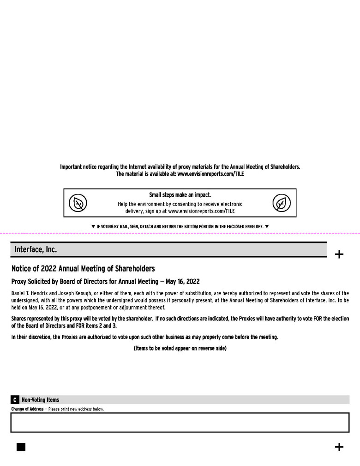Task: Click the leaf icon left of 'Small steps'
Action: [x=78, y=203]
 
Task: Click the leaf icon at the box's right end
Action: [x=282, y=203]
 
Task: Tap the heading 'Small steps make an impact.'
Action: [x=180, y=195]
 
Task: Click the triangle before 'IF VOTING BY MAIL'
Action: [x=93, y=226]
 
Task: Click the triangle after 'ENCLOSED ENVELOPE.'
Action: [x=267, y=226]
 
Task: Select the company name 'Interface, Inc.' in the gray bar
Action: [x=36, y=249]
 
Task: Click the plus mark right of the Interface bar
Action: [x=339, y=254]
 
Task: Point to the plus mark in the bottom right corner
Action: [x=339, y=447]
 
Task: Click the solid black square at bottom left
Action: [x=21, y=447]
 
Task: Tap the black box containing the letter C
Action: [x=15, y=400]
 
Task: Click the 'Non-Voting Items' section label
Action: [x=40, y=400]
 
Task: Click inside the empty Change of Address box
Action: [x=180, y=422]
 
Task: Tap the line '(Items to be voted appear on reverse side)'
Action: [x=180, y=348]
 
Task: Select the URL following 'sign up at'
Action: [x=202, y=211]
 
